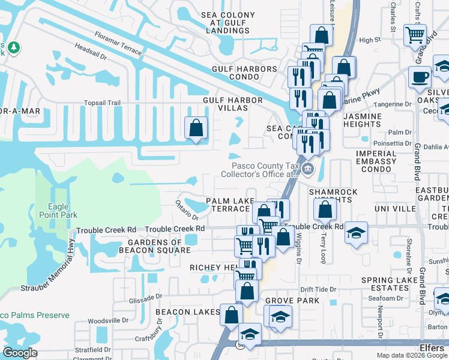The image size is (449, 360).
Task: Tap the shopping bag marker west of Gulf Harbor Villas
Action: [x=196, y=128]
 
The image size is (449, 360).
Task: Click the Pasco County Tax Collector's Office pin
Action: [x=308, y=168]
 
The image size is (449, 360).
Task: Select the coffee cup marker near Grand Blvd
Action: [x=420, y=77]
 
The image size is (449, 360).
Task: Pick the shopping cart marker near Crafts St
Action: [x=414, y=34]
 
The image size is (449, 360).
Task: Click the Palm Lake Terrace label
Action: [x=228, y=205]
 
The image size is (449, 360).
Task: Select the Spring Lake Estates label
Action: [x=390, y=284]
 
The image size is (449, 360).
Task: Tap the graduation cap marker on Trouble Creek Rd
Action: [x=356, y=232]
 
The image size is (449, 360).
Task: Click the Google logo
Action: [x=20, y=353]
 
